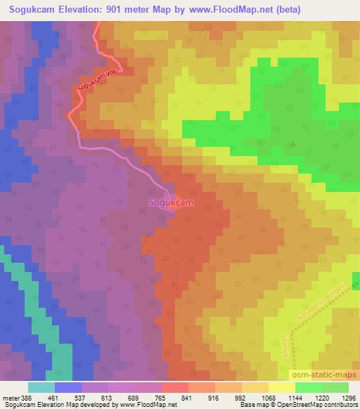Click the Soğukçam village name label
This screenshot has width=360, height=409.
[171, 202]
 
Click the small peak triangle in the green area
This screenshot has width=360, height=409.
[293, 145]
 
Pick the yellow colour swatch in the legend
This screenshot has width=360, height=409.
[282, 387]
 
